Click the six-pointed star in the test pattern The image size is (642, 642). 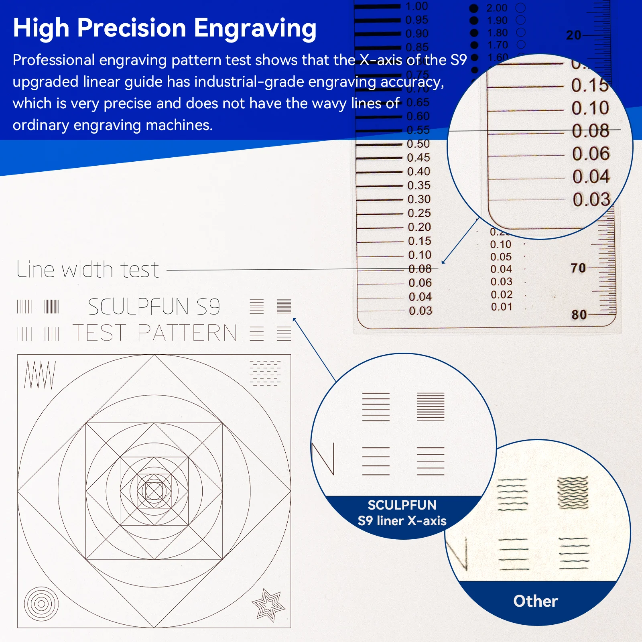pyautogui.click(x=268, y=605)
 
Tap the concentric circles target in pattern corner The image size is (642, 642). pyautogui.click(x=41, y=604)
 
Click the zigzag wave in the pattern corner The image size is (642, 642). pyautogui.click(x=39, y=375)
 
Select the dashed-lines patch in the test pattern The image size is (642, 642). pyautogui.click(x=265, y=373)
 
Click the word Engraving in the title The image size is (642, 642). pyautogui.click(x=255, y=28)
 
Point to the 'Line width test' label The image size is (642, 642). pyautogui.click(x=88, y=269)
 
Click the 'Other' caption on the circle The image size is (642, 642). pyautogui.click(x=536, y=601)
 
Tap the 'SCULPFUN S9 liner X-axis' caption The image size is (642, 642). pyautogui.click(x=402, y=513)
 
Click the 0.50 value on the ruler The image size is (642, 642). pyautogui.click(x=418, y=144)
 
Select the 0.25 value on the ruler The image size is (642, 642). pyautogui.click(x=419, y=213)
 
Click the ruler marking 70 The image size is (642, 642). pyautogui.click(x=578, y=268)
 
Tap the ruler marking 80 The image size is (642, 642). pyautogui.click(x=579, y=315)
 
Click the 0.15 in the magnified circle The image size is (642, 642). pyautogui.click(x=589, y=85)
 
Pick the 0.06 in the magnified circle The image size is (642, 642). pyautogui.click(x=591, y=154)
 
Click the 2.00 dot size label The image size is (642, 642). pyautogui.click(x=497, y=8)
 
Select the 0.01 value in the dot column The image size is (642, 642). pyautogui.click(x=502, y=307)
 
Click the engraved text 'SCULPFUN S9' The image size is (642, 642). pyautogui.click(x=154, y=307)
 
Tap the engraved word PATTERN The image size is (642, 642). pyautogui.click(x=187, y=333)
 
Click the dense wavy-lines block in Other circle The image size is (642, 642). pyautogui.click(x=573, y=493)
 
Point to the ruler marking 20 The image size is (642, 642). pyautogui.click(x=573, y=35)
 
